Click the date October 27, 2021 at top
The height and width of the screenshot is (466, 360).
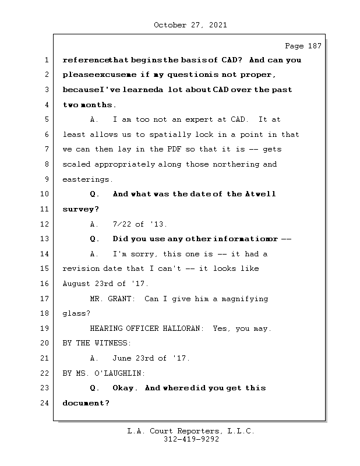pos(190,25)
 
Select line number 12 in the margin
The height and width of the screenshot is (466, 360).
pos(45,224)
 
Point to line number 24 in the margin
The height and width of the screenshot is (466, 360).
pos(45,403)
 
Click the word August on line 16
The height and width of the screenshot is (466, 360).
pos(76,284)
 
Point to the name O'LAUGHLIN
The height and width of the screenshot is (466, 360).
pos(118,373)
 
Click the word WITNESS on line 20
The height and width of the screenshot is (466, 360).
pos(113,343)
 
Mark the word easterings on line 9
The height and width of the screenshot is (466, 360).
pos(87,179)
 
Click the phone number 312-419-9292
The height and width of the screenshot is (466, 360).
pos(190,440)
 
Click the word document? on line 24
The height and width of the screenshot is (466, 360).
pos(86,403)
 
